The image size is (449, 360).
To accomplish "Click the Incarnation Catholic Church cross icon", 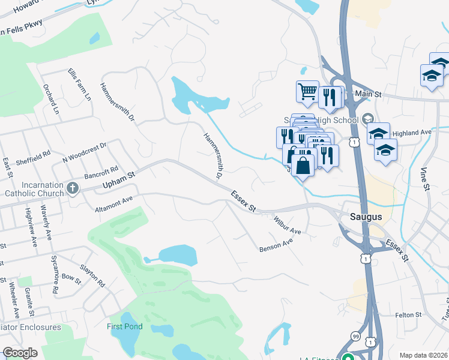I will coord(72,188).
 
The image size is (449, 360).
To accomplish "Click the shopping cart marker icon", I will coord(307,92).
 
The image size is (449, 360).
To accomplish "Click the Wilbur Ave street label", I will coord(287,226).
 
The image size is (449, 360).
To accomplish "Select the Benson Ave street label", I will coord(276,245).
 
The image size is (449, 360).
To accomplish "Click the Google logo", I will coord(20,353).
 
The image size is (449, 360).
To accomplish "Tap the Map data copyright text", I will coord(423,355).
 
